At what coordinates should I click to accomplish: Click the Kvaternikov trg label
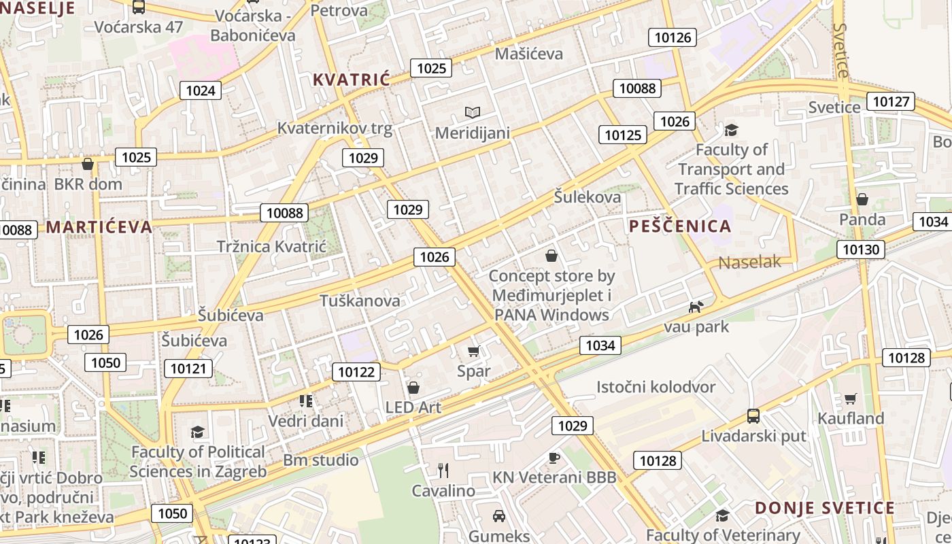tap(335, 129)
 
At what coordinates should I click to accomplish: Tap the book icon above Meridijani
tap(472, 112)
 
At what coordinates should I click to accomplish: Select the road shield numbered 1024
tap(201, 90)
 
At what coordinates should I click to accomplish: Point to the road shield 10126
tap(673, 37)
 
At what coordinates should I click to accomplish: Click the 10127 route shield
tap(891, 102)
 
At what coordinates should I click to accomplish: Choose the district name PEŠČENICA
tap(680, 226)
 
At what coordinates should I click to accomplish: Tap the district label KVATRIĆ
tap(352, 80)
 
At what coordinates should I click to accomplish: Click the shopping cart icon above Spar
tap(474, 352)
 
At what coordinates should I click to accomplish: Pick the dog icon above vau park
tap(695, 307)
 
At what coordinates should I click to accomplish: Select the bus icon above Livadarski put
tap(753, 415)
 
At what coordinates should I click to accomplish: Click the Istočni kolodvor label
tap(656, 387)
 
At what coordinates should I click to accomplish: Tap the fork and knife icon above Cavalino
tap(443, 470)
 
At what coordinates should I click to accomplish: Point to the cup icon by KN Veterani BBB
tap(554, 458)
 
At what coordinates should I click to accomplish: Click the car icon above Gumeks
tap(499, 516)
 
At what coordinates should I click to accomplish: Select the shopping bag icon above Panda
tap(862, 199)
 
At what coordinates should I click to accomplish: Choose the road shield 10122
tap(356, 372)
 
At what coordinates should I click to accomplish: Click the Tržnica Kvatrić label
tap(271, 247)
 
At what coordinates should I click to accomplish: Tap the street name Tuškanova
tap(360, 301)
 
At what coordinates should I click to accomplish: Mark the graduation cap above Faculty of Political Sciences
tap(197, 432)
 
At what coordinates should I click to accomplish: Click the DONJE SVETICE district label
tap(825, 508)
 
